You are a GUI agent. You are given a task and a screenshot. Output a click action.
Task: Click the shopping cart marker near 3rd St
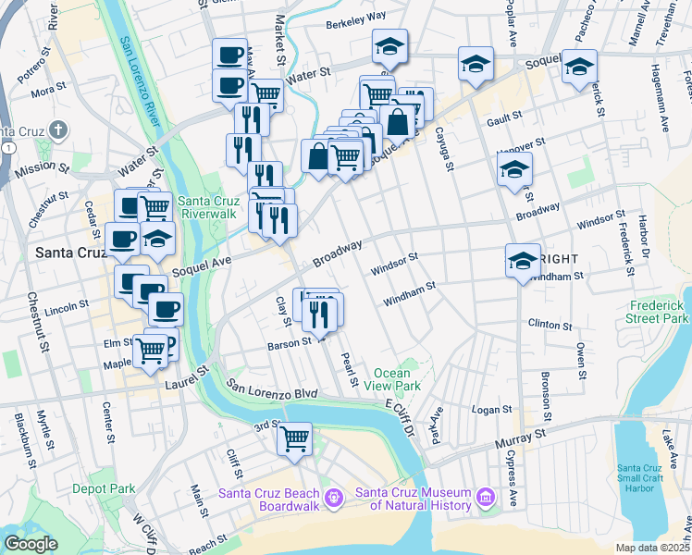(294, 438)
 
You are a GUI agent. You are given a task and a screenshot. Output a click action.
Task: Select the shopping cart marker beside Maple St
(150, 351)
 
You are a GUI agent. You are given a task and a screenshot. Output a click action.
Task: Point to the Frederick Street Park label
(659, 312)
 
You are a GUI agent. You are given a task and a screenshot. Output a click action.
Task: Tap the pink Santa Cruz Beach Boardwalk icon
(334, 499)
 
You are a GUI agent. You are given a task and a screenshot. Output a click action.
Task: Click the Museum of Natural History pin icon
(485, 499)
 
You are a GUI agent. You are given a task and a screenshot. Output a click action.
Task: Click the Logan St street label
(491, 409)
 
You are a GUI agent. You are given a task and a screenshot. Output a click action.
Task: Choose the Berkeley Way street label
(355, 17)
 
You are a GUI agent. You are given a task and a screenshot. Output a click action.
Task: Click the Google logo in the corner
(31, 544)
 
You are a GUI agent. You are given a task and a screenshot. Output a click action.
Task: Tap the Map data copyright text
(651, 548)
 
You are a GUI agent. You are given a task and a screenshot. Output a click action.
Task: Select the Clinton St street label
(545, 324)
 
